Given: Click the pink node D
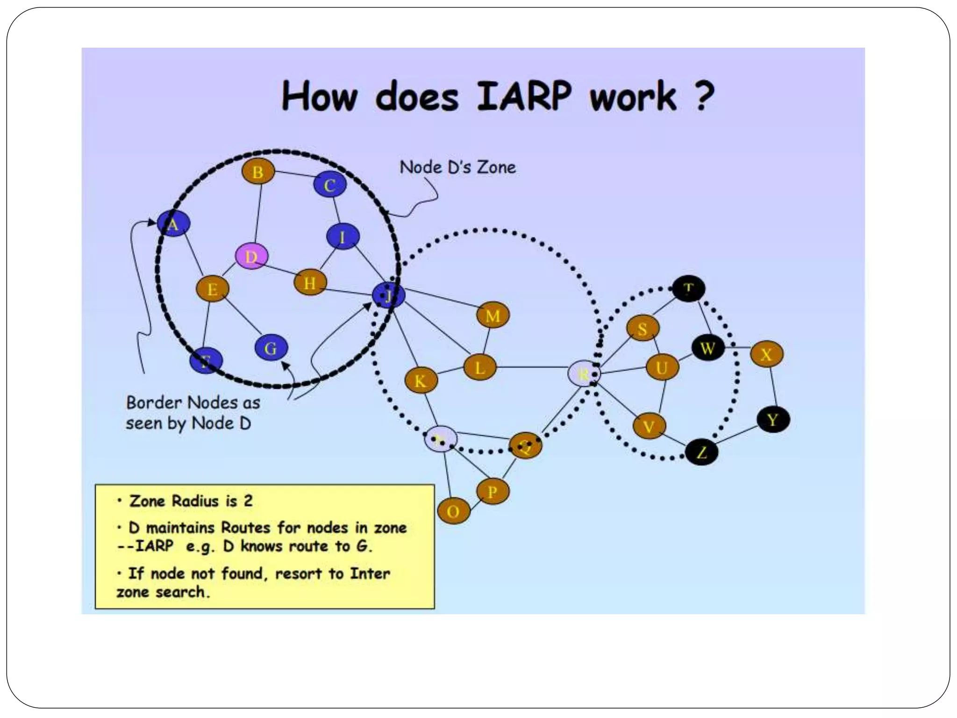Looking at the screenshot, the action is coord(251,256).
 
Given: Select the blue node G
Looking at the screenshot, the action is coord(271,348).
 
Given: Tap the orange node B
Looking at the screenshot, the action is coord(258,172).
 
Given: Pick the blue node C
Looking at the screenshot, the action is coord(330,185).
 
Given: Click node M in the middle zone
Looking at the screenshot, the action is coord(493,316).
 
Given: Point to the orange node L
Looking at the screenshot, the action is coord(480,368).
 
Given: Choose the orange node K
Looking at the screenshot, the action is coord(421,381).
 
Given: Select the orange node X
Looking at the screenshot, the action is coord(766,354).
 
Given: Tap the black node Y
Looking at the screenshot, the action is coord(773,419).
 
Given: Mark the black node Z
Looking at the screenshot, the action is coord(701,452).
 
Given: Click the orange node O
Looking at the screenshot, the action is coord(453,511).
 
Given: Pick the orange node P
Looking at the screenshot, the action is coord(493,491).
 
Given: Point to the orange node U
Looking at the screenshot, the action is coord(662,368).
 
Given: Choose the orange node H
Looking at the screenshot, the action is coord(310,282).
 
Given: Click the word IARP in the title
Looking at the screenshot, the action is coord(523,96).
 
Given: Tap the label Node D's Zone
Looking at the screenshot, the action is coord(457,167).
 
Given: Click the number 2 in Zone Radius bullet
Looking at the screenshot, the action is coord(248,501).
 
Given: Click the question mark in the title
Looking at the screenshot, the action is coord(704,96).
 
